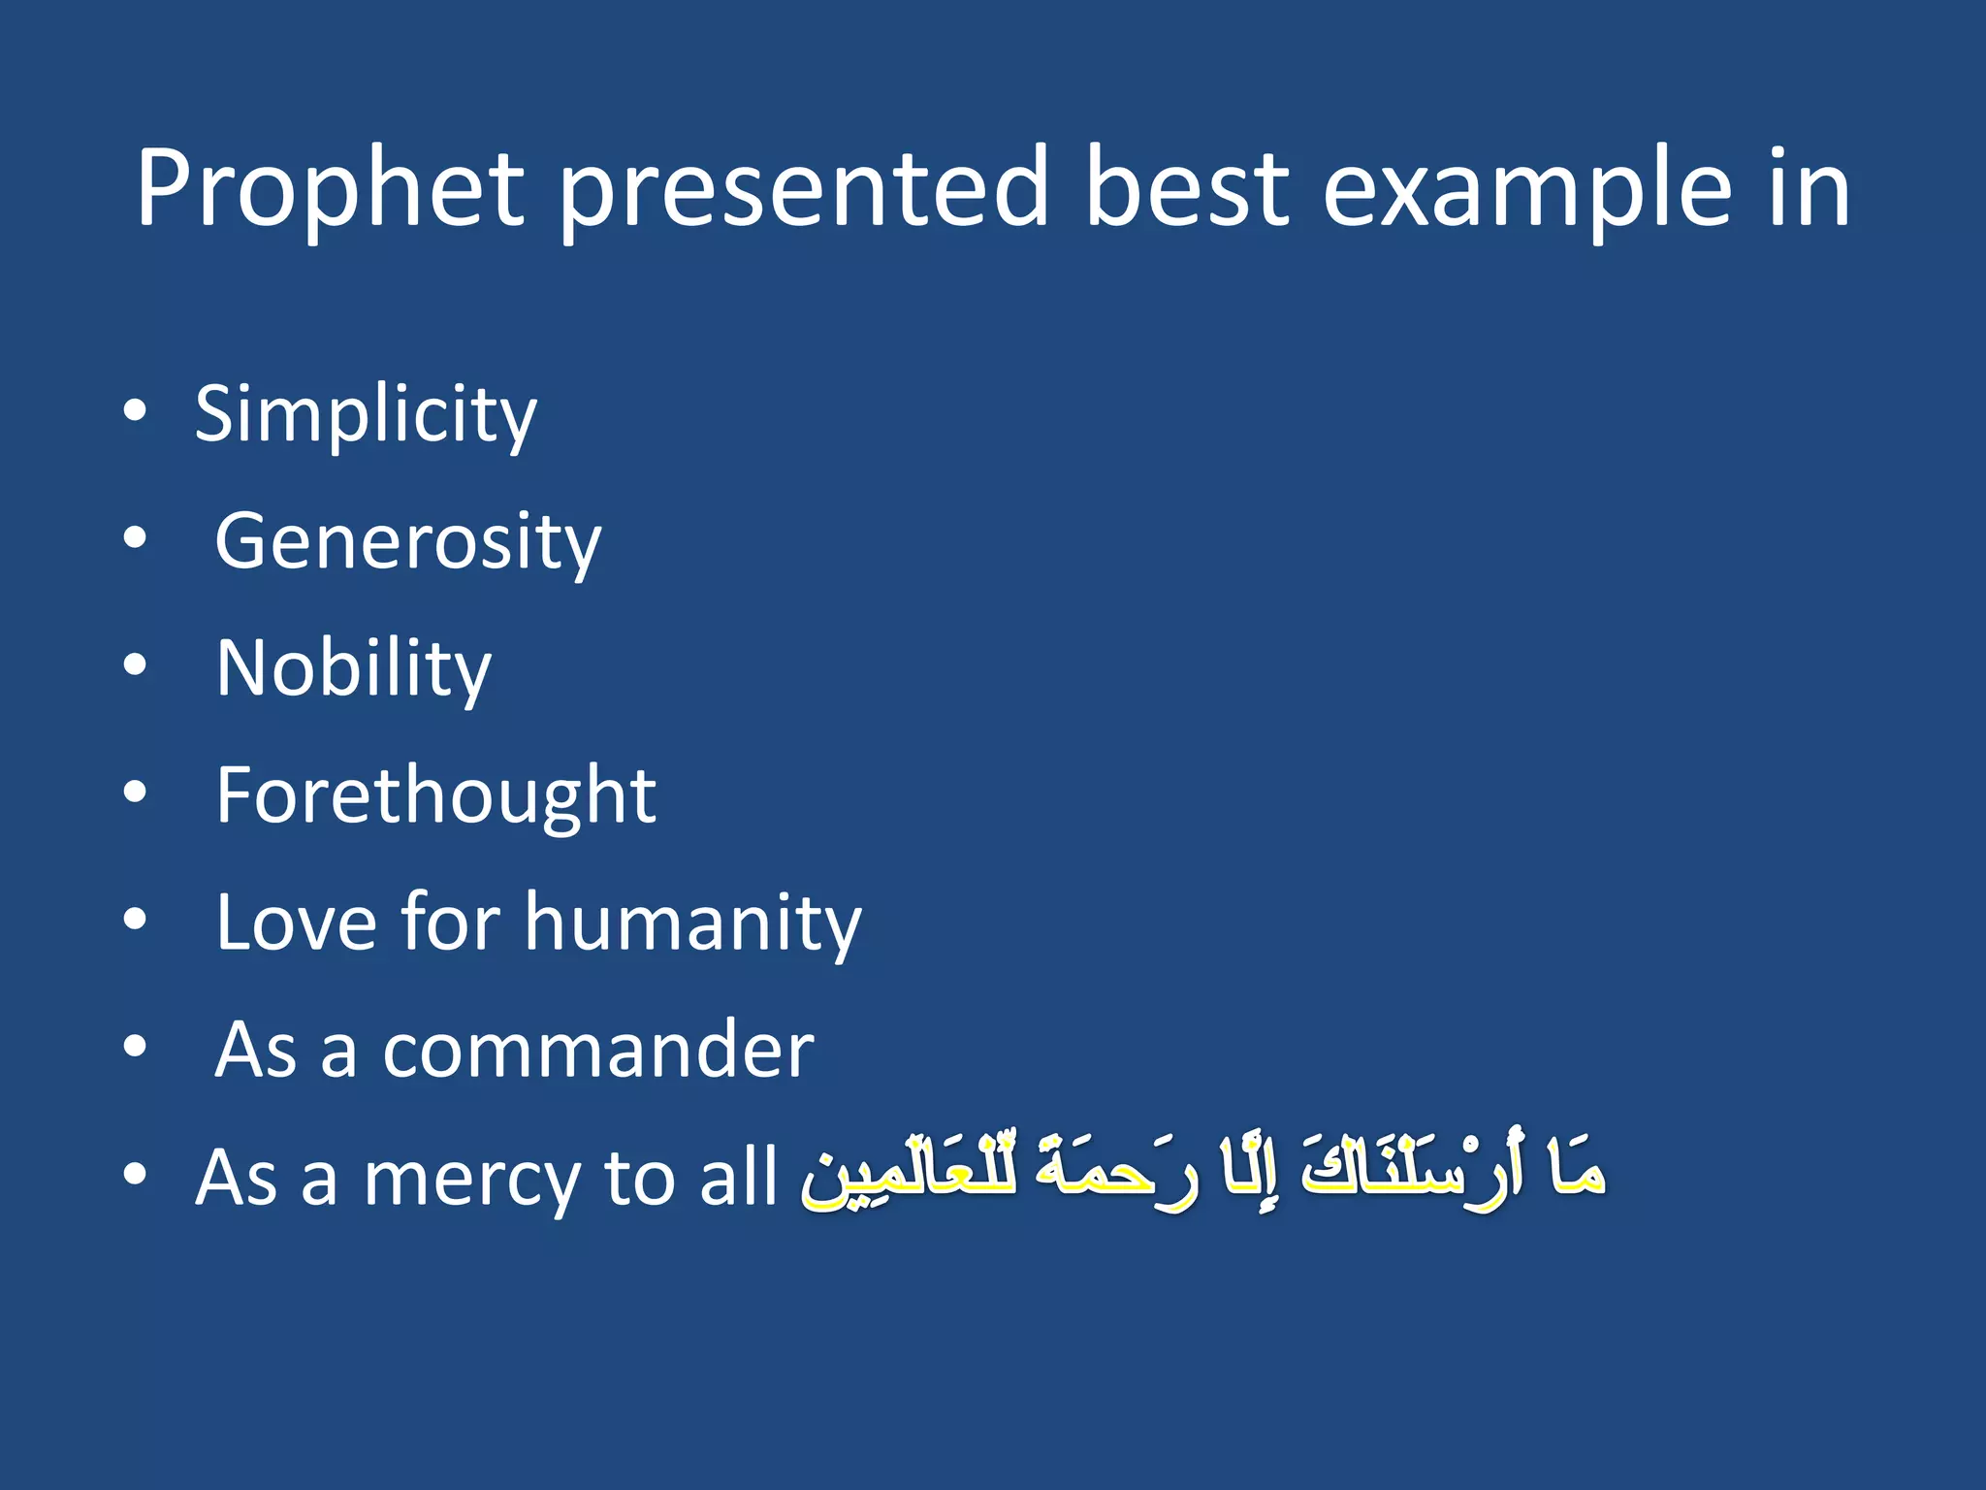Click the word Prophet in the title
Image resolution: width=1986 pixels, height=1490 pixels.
(330, 189)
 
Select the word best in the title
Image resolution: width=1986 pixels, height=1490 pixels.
(1186, 189)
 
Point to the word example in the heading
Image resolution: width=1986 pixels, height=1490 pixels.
(1526, 189)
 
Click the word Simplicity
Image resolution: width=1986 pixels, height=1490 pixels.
(366, 415)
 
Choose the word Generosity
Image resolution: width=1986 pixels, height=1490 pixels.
(407, 542)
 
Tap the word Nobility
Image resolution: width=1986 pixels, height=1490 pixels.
(354, 669)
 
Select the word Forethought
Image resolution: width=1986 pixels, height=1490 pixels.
(435, 795)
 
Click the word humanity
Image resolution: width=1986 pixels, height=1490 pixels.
(692, 923)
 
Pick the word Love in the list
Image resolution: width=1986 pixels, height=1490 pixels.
(296, 923)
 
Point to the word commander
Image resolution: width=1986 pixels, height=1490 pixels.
(598, 1051)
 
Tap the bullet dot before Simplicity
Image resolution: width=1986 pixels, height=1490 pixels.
(135, 411)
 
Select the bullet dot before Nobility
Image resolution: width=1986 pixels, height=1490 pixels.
(135, 665)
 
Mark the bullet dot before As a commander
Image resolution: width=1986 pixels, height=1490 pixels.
(135, 1048)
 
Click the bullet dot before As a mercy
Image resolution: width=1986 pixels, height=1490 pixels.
(135, 1175)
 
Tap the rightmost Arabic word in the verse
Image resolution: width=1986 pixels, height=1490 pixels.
(1577, 1170)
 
